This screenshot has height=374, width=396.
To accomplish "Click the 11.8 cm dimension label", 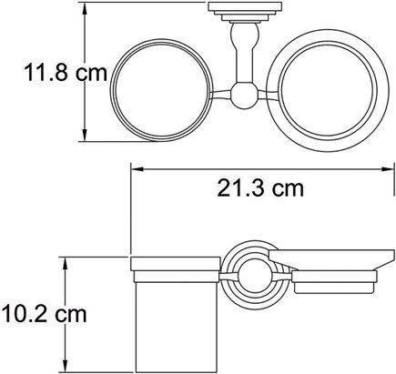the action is coord(66,73).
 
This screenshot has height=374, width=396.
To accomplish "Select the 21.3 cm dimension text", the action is coord(260,188).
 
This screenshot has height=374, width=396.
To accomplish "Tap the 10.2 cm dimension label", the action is coord(44,313).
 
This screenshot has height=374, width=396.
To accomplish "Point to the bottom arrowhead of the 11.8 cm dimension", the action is coord(85,134).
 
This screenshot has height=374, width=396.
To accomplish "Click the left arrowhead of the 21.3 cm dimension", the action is coord(138,170).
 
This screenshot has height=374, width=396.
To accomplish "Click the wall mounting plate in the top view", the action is coord(245,12).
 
